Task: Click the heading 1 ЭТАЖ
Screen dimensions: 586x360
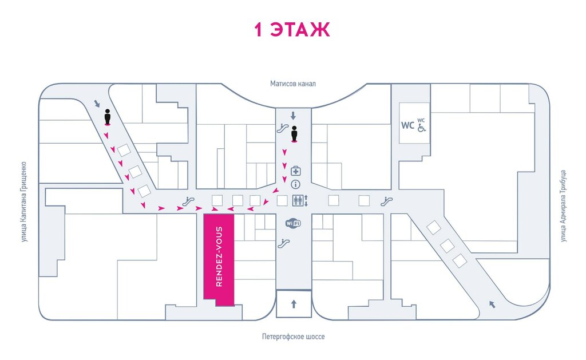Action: click(292, 30)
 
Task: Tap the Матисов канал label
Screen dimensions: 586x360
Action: click(293, 84)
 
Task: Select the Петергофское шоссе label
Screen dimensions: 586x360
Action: click(294, 337)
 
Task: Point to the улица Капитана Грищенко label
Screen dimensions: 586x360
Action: click(24, 201)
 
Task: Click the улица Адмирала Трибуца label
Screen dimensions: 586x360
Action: click(563, 205)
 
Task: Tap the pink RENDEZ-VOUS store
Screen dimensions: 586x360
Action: click(219, 258)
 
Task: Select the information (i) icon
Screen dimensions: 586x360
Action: click(296, 184)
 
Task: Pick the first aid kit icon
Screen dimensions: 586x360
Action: click(296, 171)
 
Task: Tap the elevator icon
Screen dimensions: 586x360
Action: click(298, 200)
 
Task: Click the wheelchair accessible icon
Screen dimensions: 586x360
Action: click(421, 128)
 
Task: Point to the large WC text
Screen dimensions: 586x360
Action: click(407, 125)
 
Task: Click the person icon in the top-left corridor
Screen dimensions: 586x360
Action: click(107, 118)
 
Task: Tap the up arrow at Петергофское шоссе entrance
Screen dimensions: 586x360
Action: click(294, 304)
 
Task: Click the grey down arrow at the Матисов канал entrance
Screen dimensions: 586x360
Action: click(294, 116)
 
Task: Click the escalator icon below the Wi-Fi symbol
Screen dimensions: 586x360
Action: click(281, 243)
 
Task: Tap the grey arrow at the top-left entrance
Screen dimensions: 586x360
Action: click(96, 104)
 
